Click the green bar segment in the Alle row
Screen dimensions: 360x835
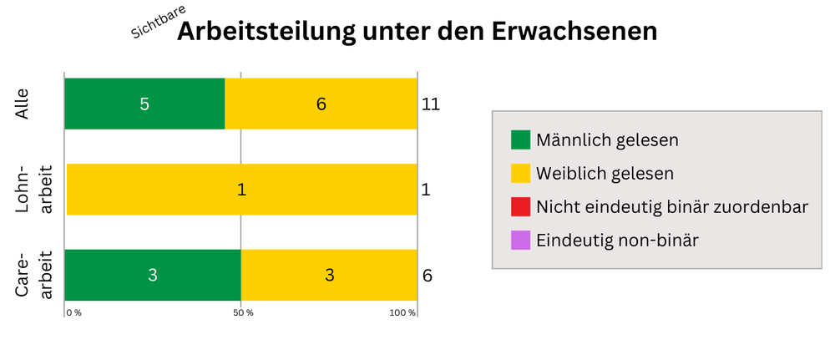144,104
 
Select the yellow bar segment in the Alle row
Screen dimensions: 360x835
321,104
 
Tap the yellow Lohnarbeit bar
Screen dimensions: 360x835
241,190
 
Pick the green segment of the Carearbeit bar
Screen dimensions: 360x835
153,275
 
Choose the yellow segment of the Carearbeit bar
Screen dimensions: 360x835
329,275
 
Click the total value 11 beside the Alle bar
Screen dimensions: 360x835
431,104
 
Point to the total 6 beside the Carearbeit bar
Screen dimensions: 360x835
427,276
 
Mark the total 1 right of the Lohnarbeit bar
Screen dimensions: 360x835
426,190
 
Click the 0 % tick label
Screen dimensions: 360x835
74,312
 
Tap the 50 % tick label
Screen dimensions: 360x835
244,312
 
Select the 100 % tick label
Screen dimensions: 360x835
402,312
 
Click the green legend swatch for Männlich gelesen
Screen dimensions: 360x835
520,139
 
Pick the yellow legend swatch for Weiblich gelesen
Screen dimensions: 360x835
520,173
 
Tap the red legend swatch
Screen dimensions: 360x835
520,206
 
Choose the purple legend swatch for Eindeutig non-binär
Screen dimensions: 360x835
520,241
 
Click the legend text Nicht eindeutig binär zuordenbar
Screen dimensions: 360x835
672,206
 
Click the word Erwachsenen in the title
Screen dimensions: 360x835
574,32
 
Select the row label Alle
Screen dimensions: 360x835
23,104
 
